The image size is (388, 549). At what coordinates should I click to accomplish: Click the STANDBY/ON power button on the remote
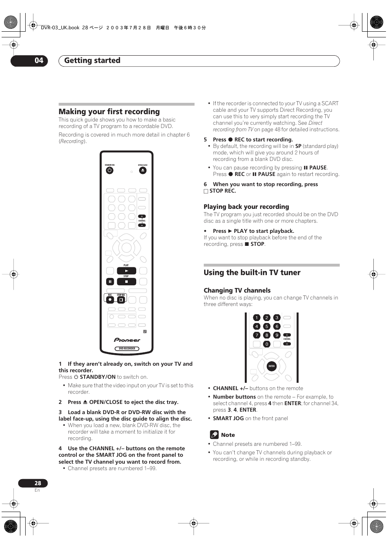point(109,171)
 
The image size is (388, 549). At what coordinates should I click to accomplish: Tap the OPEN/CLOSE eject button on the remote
point(142,171)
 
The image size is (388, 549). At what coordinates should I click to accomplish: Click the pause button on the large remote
point(110,281)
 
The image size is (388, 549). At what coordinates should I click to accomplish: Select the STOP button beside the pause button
point(126,281)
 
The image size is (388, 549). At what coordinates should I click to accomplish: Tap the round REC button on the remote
point(110,300)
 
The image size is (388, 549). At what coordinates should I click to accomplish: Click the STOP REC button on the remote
point(121,300)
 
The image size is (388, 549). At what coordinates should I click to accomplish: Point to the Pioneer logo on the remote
point(127,340)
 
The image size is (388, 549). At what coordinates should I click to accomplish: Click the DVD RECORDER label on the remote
point(127,349)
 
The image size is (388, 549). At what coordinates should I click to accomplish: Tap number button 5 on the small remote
point(267,326)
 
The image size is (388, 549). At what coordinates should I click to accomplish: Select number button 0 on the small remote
point(267,344)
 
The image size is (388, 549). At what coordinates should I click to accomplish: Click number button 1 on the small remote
point(257,317)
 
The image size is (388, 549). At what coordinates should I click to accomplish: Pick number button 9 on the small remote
point(277,335)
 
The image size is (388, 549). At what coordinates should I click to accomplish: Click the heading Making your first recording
point(109,112)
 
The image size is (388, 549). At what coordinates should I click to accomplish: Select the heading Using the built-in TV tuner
point(252,273)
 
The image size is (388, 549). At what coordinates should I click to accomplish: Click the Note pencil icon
point(214,435)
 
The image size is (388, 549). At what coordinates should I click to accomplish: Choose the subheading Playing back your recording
point(246,207)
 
